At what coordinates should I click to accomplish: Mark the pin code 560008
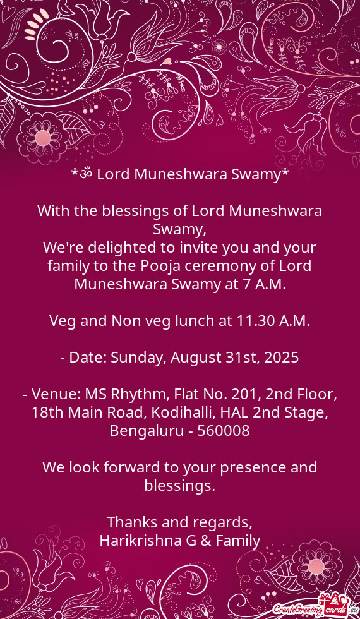(224, 431)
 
